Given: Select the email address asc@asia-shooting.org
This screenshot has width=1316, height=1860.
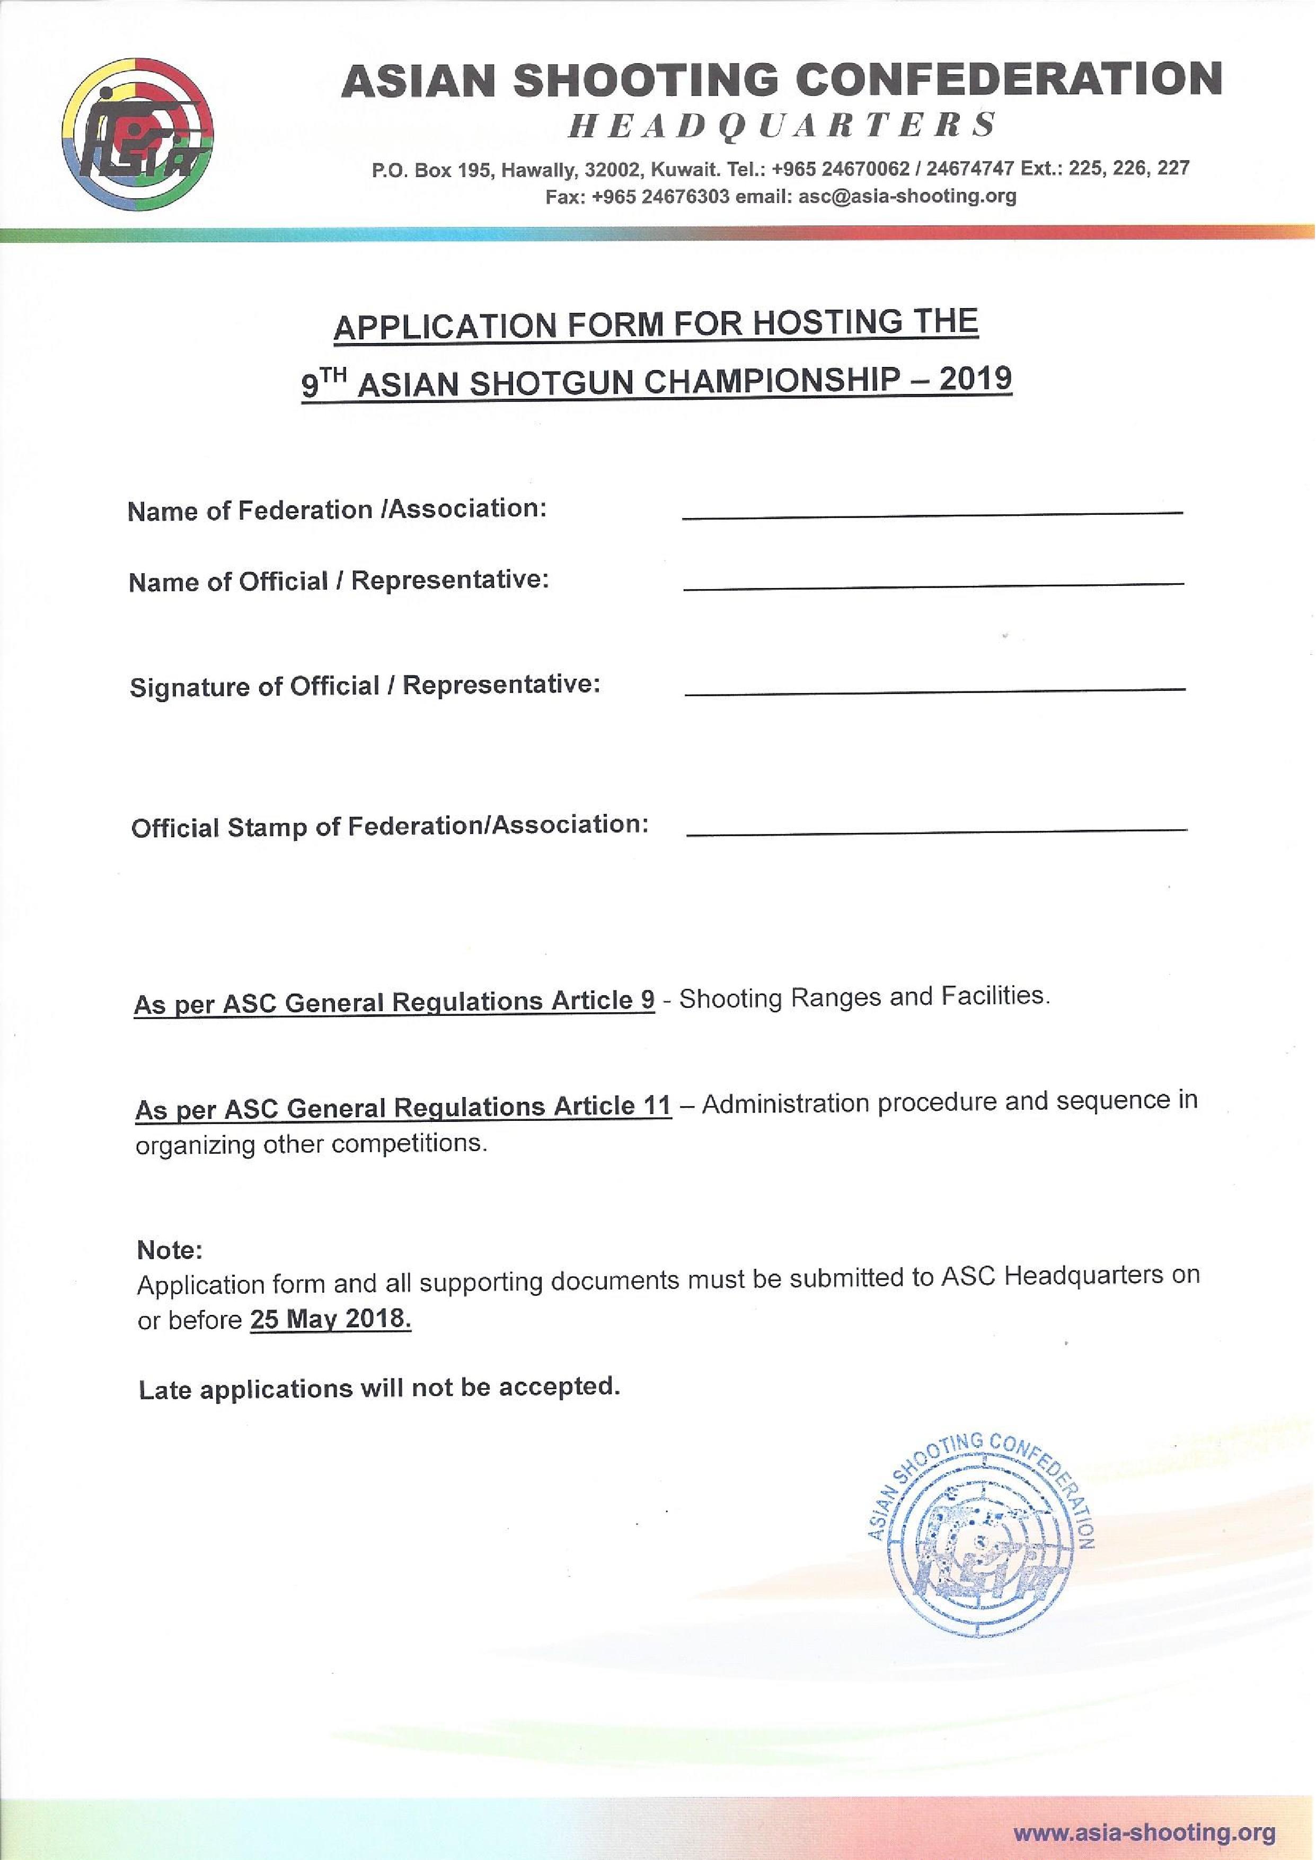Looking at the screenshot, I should click(x=907, y=196).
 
